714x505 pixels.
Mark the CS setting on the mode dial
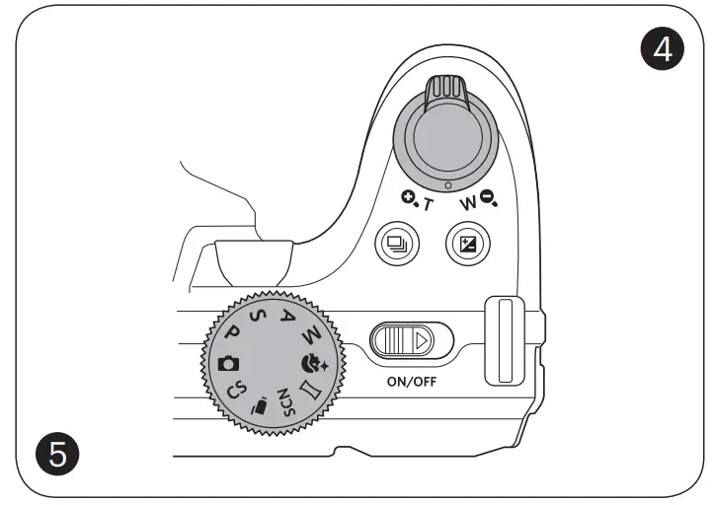(238, 390)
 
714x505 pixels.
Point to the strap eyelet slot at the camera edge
(504, 339)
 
